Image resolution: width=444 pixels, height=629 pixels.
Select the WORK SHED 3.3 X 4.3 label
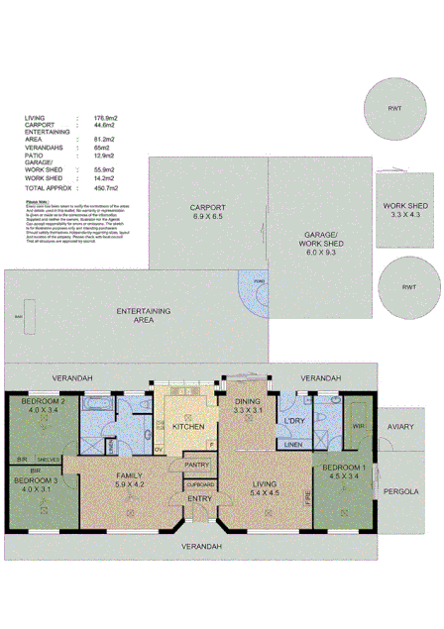pos(406,210)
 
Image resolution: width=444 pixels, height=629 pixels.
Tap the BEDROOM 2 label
pos(44,405)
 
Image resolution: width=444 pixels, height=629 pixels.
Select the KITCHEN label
pos(187,427)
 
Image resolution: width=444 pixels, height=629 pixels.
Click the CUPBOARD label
pos(198,484)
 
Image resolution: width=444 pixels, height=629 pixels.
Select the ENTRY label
pos(199,499)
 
